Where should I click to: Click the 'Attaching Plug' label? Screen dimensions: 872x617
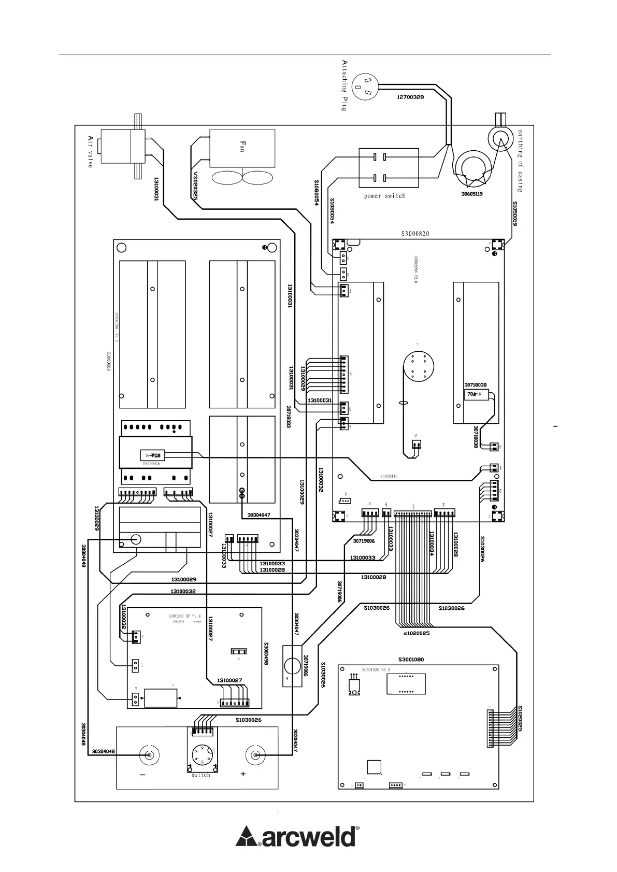344,85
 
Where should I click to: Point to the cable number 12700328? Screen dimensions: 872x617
410,97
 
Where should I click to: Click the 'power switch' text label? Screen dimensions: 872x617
385,196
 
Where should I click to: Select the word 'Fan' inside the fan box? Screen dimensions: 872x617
241,145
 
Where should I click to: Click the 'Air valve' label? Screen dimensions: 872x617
90,151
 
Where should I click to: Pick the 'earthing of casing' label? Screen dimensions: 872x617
520,161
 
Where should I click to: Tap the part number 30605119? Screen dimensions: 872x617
472,194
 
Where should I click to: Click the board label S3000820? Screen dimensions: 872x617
415,234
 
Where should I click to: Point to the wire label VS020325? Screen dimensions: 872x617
195,186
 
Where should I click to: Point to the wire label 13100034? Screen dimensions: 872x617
431,544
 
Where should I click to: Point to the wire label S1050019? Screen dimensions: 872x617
515,213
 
